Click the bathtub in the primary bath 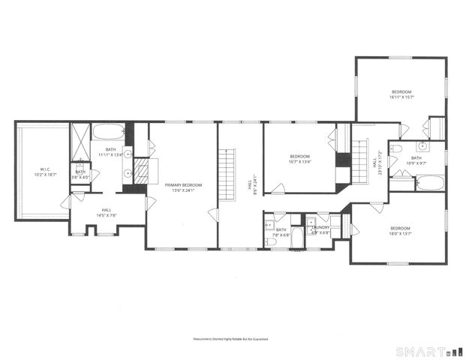[109, 133]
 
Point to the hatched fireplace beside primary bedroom [141, 171]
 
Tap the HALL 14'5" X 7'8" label [107, 212]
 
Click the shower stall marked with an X [80, 140]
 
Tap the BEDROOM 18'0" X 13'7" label [399, 230]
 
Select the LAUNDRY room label [319, 229]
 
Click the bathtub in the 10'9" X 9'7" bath [429, 181]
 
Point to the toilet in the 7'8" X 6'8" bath [271, 241]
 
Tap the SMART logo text [421, 350]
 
